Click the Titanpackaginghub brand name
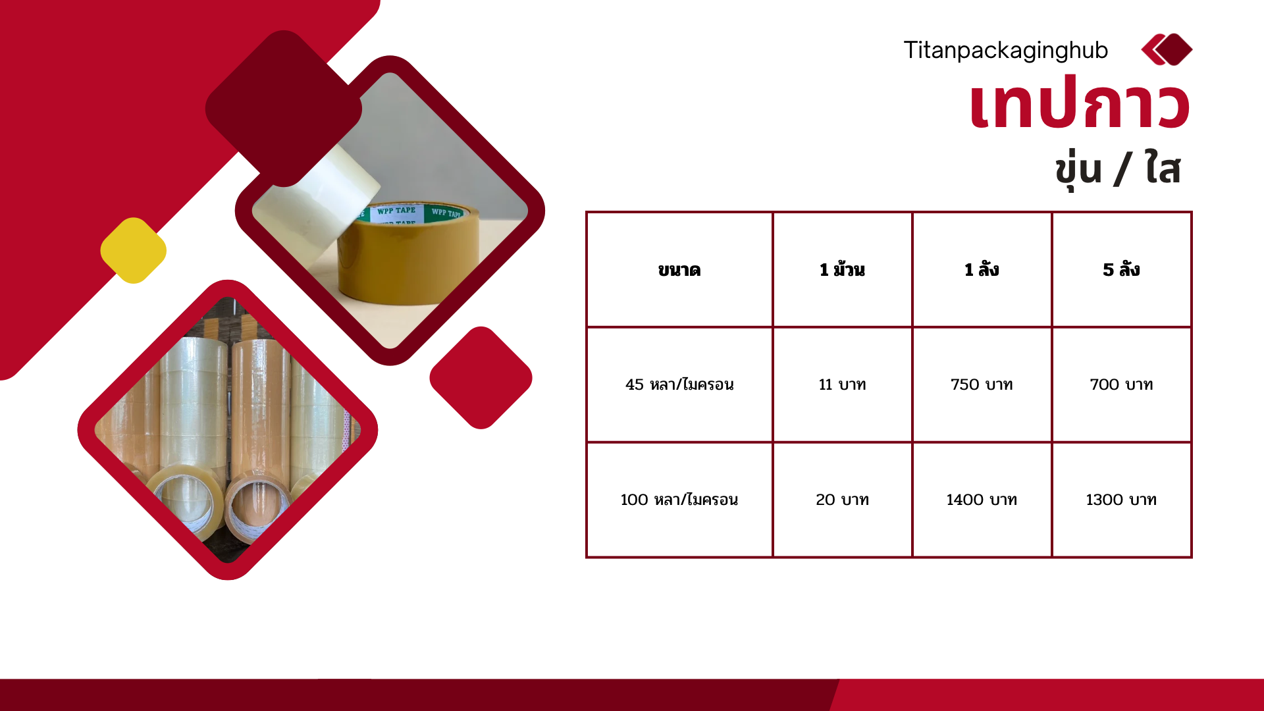point(1005,51)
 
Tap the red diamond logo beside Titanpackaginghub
point(1167,49)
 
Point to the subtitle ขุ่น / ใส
point(1117,169)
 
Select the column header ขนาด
point(679,270)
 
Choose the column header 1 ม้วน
point(842,269)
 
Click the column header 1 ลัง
point(982,269)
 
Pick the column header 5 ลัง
point(1121,269)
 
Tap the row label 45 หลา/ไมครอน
point(679,384)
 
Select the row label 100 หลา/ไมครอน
point(679,500)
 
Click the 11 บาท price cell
point(842,384)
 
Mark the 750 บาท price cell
point(982,384)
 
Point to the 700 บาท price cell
point(1121,384)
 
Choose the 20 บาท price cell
point(842,500)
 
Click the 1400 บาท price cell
point(982,500)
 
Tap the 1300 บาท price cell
point(1121,500)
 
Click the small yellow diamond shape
point(134,251)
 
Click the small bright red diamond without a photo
point(481,378)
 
